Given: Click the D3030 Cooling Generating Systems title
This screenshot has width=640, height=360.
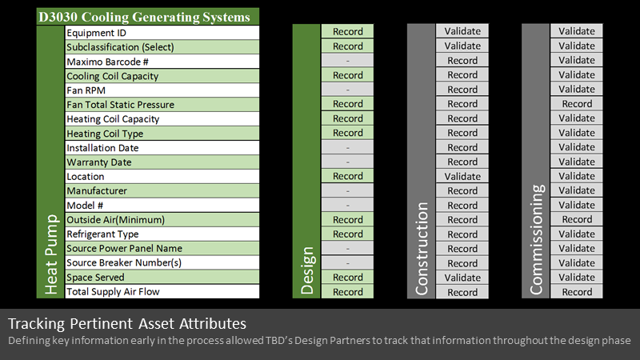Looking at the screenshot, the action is (x=144, y=17).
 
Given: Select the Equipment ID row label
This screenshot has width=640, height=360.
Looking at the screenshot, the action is (x=96, y=33).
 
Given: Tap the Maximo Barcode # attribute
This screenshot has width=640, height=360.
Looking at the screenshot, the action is (x=107, y=62).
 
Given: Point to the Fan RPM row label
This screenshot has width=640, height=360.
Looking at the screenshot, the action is (x=86, y=90).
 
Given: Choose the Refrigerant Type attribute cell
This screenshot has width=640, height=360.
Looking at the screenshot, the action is (x=162, y=234).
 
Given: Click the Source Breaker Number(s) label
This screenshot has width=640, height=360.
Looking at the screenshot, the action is (x=124, y=262).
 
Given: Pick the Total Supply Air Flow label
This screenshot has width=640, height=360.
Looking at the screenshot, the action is (x=113, y=291).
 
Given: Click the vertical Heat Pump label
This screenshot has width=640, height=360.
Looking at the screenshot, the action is (x=51, y=254).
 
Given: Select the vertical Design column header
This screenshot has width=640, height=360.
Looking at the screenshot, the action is (x=306, y=270).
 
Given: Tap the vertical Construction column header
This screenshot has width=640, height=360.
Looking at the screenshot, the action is (x=422, y=249).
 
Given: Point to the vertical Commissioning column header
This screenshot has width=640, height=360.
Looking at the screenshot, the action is (x=536, y=239).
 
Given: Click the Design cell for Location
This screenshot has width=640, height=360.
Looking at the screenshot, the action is (x=347, y=176).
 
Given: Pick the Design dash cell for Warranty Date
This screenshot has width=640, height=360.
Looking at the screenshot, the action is (x=347, y=162).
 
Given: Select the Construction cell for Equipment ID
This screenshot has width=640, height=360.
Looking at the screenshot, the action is (x=462, y=31).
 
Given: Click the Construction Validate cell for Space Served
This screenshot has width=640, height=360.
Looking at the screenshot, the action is (x=462, y=278).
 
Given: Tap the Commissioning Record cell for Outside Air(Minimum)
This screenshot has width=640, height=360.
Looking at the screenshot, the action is (x=577, y=219).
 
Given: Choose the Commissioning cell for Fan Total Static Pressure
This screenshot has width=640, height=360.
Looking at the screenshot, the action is (x=577, y=104).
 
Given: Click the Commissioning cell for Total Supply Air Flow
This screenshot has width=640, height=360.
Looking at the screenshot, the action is (x=577, y=292).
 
